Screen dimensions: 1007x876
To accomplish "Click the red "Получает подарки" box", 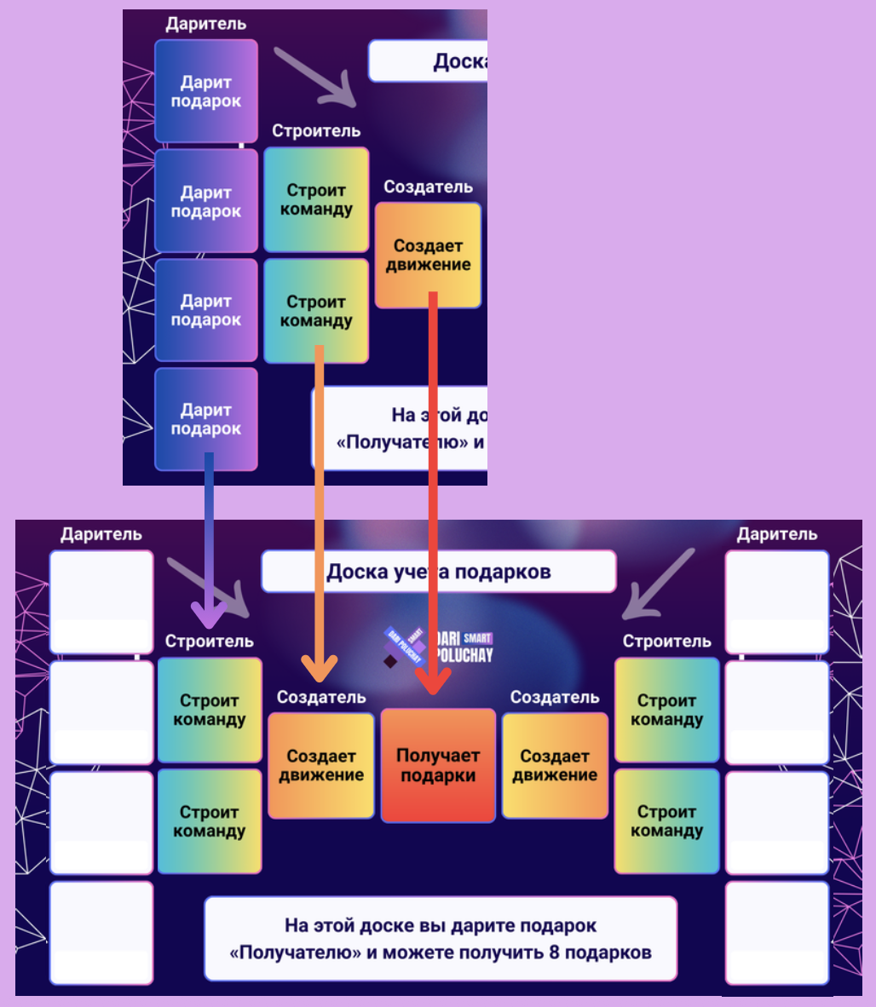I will [x=438, y=765].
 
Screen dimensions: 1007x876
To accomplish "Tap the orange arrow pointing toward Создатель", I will [x=320, y=511].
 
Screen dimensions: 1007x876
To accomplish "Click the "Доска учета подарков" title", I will [x=438, y=572].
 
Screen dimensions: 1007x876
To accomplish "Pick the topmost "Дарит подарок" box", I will [x=205, y=91].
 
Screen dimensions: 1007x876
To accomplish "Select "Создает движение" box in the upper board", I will [x=428, y=255].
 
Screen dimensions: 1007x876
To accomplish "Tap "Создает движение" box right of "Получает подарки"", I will [x=555, y=765].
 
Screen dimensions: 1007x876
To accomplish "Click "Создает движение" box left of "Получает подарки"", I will [x=321, y=765].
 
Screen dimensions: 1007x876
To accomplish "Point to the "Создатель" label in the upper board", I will [x=428, y=187].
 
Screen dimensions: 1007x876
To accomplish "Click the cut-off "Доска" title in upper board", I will [x=458, y=61].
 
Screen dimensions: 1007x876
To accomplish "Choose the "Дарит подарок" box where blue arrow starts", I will [x=205, y=419].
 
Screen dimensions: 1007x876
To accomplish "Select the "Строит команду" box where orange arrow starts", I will [x=316, y=311].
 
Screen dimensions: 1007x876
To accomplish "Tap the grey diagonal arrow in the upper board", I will [x=316, y=77].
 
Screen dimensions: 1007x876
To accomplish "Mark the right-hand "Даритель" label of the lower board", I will [x=776, y=534].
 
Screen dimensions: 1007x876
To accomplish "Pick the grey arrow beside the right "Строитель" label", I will [x=658, y=584].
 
